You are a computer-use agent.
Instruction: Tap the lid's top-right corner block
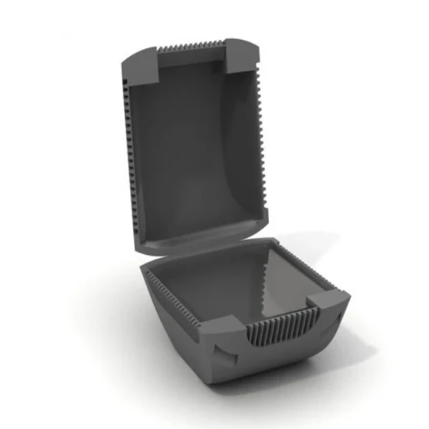244,55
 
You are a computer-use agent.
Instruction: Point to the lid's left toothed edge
128,158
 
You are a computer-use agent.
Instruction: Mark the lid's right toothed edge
264,125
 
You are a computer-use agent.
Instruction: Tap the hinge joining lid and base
200,247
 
